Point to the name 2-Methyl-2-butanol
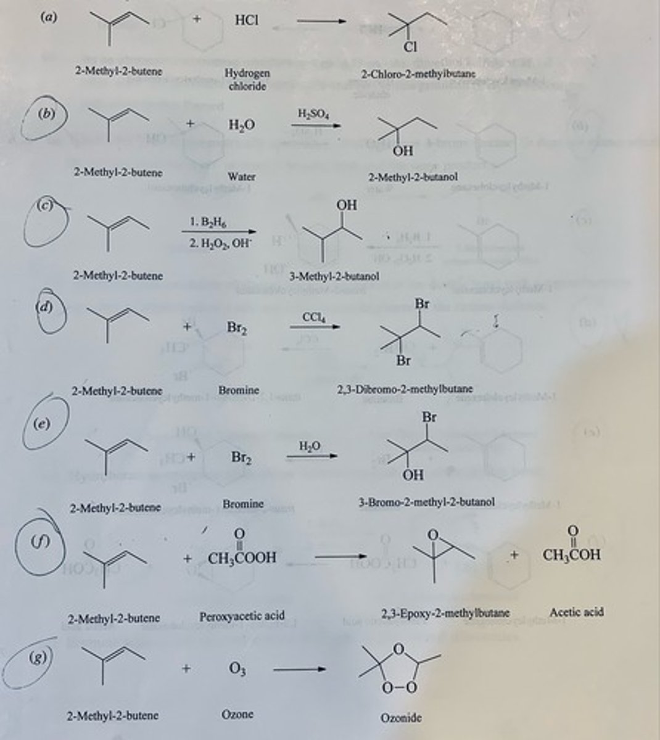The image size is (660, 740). [x=413, y=178]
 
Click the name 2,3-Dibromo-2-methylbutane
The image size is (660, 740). [x=405, y=388]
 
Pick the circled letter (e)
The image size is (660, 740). [x=44, y=425]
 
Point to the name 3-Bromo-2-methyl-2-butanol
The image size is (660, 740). [x=426, y=502]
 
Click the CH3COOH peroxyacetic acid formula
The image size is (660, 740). [x=242, y=559]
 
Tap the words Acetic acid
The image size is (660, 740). [x=575, y=612]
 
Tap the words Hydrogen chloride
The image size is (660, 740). [x=247, y=80]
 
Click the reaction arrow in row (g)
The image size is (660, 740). [x=299, y=669]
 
